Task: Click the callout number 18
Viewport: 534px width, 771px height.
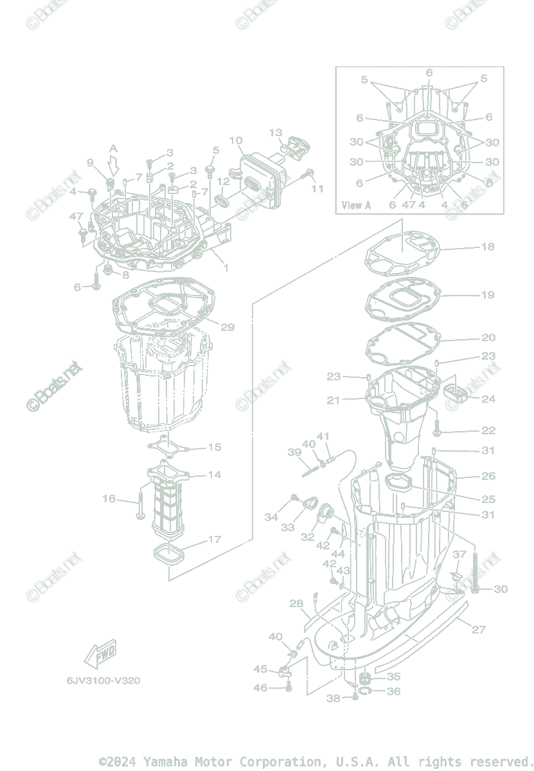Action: (x=488, y=247)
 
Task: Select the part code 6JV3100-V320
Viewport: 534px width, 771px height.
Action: (x=103, y=681)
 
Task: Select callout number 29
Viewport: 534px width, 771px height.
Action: (x=227, y=327)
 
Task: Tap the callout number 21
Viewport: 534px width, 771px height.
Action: (x=333, y=400)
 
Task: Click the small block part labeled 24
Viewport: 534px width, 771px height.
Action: (x=453, y=393)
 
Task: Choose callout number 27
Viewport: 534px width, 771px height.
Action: (x=479, y=630)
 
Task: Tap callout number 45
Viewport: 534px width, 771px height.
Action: (x=260, y=669)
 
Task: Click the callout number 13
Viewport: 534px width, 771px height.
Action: (x=276, y=132)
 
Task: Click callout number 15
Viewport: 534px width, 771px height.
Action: (x=215, y=447)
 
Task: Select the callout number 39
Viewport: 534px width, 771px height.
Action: (x=294, y=452)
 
